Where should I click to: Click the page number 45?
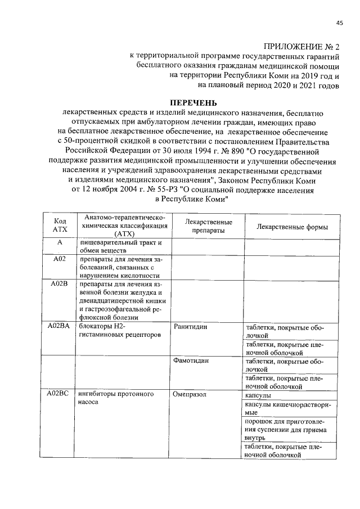(x=339, y=22)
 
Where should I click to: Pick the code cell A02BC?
(x=60, y=394)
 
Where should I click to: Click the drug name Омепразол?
(x=191, y=394)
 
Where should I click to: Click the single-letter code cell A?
(x=60, y=242)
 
